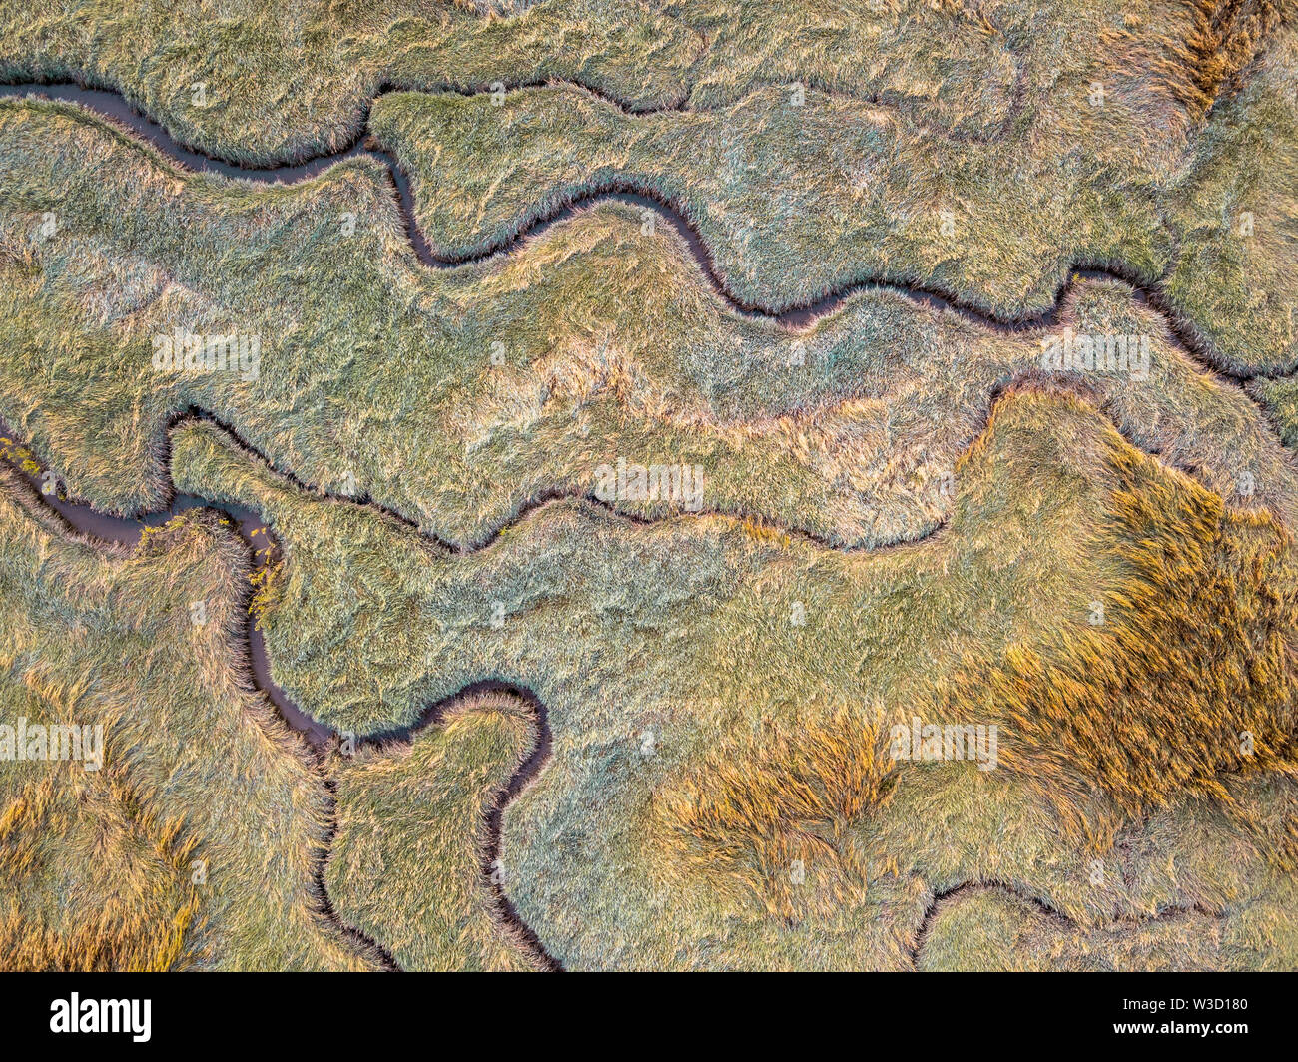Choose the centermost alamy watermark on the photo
[649, 484]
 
